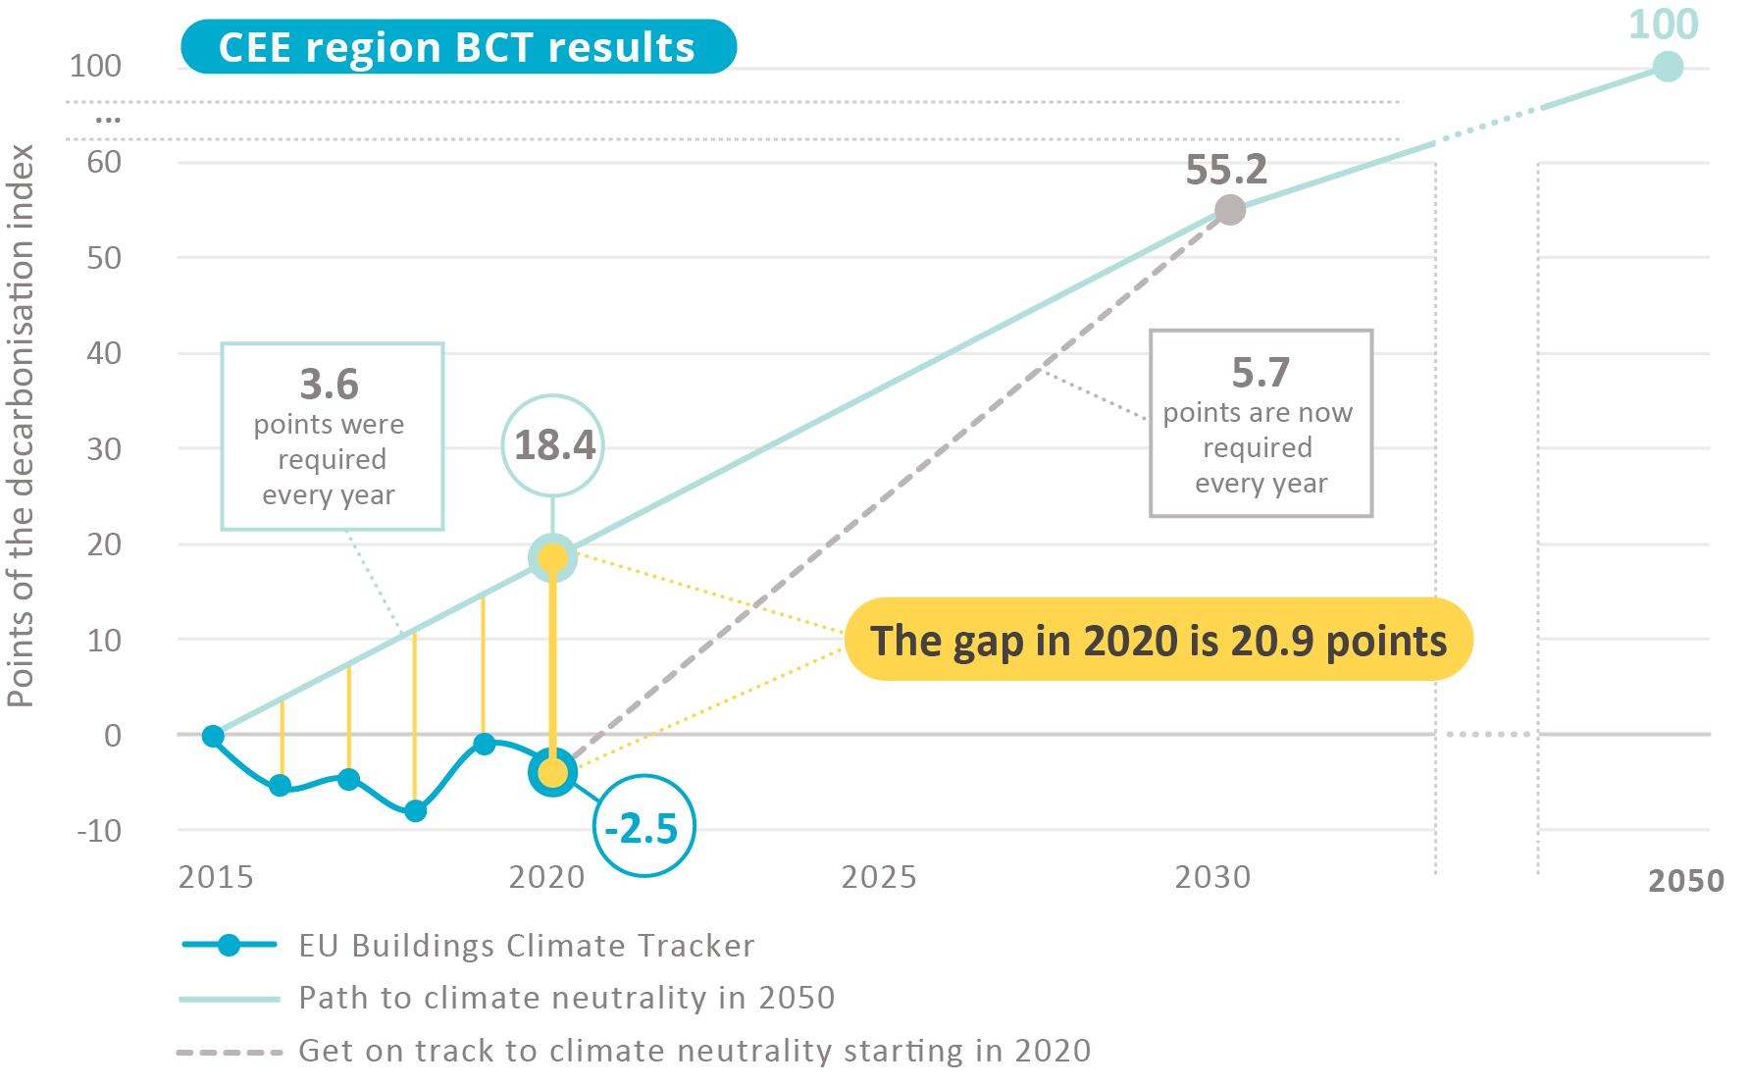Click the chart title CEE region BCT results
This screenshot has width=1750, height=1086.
457,47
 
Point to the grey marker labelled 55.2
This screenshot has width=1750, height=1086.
1229,209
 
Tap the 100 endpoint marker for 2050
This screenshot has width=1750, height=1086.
1667,67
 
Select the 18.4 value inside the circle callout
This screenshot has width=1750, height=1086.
554,445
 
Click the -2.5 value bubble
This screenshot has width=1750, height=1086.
643,828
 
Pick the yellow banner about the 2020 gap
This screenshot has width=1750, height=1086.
1158,640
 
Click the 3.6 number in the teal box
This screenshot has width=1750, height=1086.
330,384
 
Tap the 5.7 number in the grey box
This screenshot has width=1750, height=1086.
1261,373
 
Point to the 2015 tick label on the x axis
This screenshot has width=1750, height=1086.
216,876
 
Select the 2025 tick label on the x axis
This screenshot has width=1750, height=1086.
879,876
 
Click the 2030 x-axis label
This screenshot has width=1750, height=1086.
1212,876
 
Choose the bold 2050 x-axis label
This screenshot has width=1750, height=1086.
1685,880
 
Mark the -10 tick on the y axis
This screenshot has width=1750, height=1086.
100,831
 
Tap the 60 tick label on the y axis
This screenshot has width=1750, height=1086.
104,162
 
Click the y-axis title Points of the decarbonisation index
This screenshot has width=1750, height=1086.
21,425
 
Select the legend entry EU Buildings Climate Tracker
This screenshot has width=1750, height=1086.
526,945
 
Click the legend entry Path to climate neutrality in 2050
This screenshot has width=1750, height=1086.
566,998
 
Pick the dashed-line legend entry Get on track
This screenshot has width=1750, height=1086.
694,1051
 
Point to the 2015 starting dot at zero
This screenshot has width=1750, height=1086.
213,736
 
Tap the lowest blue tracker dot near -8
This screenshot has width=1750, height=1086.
415,811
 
